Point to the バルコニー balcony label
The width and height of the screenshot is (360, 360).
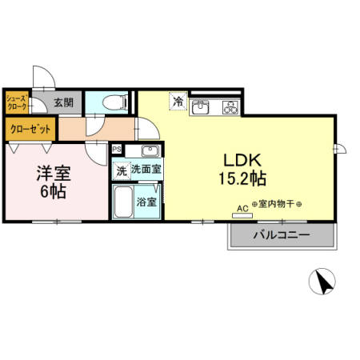point(281,235)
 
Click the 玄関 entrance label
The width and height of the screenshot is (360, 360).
point(63,102)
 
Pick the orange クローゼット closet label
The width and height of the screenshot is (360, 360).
point(30,128)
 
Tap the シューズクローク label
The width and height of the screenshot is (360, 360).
point(18,102)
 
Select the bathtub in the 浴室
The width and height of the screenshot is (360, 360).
point(123,205)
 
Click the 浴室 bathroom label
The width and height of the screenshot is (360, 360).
point(146,202)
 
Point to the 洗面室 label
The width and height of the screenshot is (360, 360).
point(146,169)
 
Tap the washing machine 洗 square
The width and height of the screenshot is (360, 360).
point(121,169)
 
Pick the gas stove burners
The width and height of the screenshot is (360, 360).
point(229,106)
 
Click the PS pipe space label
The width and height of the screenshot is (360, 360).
point(117,149)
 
